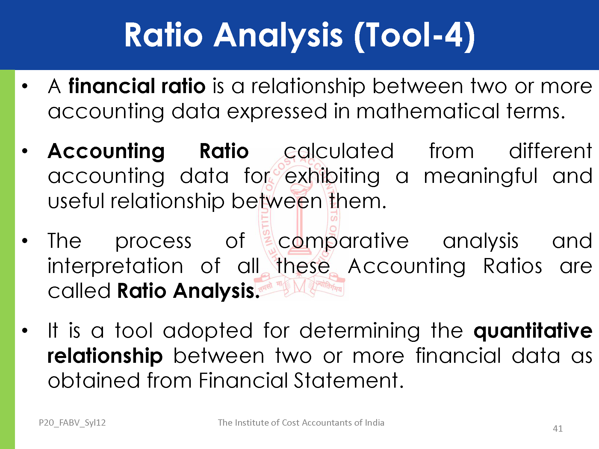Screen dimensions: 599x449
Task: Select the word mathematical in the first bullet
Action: [x=428, y=111]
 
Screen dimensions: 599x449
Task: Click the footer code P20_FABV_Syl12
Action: [x=72, y=423]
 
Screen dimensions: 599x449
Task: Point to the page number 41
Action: [x=558, y=429]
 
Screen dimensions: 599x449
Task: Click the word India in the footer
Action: [x=374, y=422]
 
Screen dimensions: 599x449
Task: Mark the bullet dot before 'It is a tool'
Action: [x=25, y=330]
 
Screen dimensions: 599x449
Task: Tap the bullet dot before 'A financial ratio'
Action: [x=25, y=86]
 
